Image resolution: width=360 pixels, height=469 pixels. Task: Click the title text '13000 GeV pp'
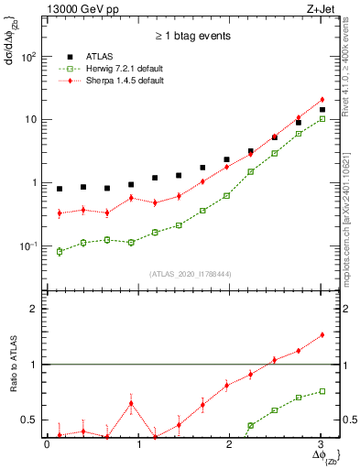pos(77,11)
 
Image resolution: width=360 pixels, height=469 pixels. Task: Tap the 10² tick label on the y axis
pos(28,57)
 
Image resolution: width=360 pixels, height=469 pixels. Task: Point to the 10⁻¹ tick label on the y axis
pos(28,246)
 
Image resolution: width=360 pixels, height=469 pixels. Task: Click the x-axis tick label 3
pos(321,444)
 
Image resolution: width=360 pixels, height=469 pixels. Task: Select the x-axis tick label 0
pos(47,444)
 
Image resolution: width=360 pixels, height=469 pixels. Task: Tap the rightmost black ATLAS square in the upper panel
pos(322,110)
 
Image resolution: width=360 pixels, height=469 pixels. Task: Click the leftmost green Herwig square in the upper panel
pos(60,251)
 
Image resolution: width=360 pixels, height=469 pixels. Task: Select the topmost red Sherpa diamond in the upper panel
pos(322,100)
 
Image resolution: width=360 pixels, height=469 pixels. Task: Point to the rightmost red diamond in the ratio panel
pos(322,335)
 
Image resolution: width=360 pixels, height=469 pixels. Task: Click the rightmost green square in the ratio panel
pos(322,391)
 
